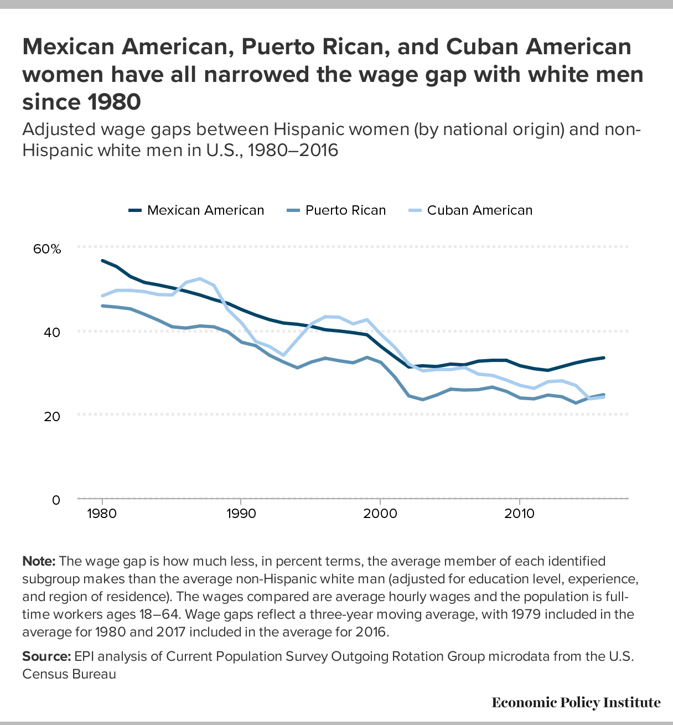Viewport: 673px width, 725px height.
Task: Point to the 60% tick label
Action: [47, 249]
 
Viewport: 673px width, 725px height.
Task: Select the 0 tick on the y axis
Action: [56, 500]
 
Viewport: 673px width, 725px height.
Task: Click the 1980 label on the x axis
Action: [102, 514]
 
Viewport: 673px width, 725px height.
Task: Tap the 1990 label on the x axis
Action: [241, 514]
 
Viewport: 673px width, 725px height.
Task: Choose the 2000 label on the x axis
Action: [380, 514]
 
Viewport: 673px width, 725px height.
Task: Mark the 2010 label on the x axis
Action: [519, 514]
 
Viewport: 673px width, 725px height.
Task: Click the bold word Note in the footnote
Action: [39, 561]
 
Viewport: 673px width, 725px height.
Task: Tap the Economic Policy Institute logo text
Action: [576, 702]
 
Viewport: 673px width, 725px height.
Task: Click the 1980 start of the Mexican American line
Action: [102, 260]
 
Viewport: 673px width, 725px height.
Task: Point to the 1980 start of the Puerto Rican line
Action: [102, 305]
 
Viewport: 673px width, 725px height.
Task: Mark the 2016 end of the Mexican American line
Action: [603, 358]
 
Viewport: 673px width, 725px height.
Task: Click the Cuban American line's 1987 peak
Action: [200, 278]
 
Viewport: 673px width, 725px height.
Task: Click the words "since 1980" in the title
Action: [81, 102]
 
